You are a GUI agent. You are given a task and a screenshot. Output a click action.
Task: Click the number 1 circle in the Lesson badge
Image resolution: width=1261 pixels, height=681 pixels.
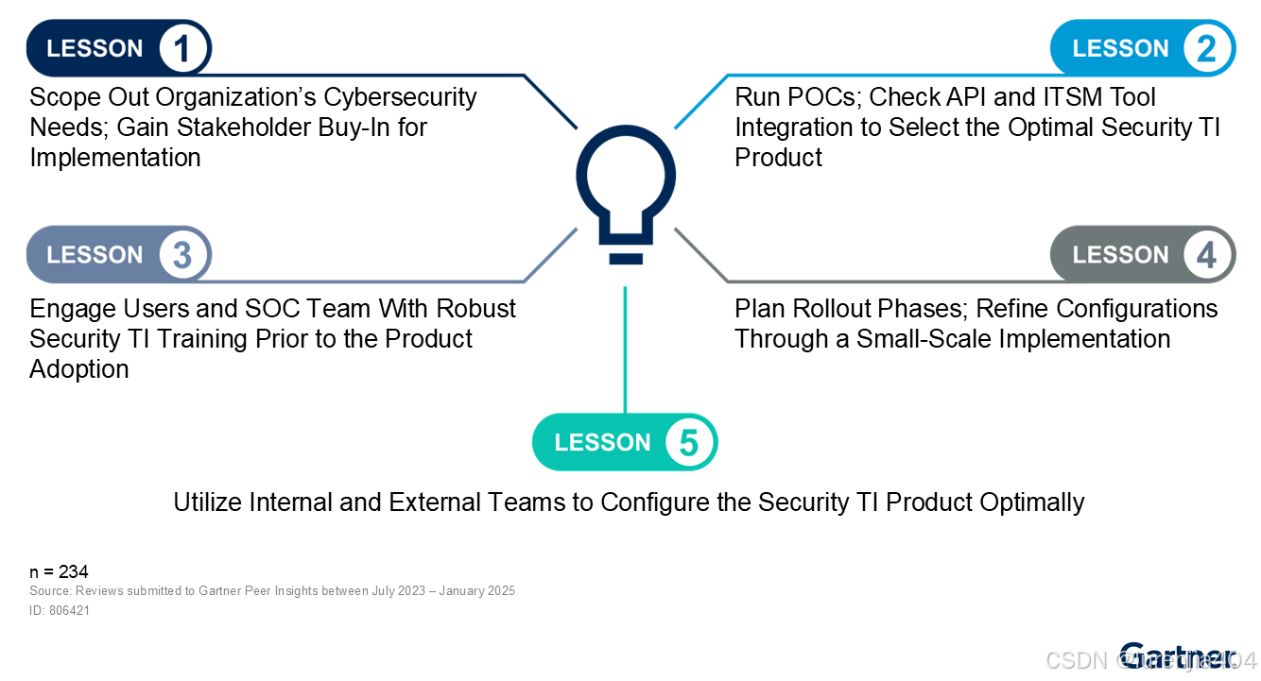pos(182,48)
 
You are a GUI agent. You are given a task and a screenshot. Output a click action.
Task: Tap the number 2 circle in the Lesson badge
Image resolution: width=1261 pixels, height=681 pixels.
pos(1207,48)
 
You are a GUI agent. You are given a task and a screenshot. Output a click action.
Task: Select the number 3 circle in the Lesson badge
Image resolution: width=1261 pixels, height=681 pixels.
pos(182,255)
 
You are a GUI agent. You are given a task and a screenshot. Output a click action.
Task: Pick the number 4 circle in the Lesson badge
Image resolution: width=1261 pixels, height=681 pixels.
pos(1207,255)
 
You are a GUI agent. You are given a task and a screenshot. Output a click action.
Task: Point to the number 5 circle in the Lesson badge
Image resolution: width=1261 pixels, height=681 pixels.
pos(689,443)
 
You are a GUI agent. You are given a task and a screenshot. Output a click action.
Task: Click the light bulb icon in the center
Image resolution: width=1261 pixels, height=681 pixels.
pos(625,195)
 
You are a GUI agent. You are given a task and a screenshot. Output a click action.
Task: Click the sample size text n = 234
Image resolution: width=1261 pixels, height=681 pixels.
pos(59,571)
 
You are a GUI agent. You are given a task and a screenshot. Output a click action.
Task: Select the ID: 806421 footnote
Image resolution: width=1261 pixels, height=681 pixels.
pos(60,610)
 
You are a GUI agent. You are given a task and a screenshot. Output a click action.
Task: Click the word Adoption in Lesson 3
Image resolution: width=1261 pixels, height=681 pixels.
pos(79,369)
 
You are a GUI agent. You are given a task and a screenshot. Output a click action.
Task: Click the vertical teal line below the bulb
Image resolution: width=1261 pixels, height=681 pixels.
pos(625,349)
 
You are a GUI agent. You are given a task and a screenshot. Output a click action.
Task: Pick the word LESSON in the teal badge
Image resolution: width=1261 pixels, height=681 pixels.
pos(602,443)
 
